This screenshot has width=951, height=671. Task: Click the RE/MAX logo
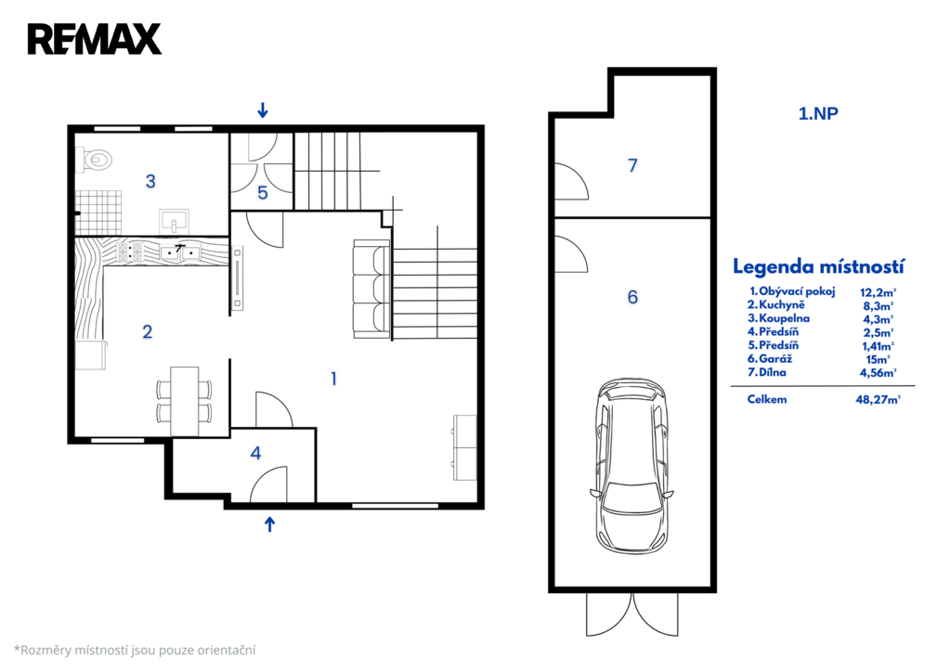pyautogui.click(x=95, y=39)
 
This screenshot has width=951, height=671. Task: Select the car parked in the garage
pyautogui.click(x=632, y=466)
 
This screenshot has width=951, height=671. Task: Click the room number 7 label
pyautogui.click(x=632, y=165)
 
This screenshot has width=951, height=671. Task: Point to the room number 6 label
pyautogui.click(x=632, y=297)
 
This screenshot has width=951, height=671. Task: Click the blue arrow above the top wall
pyautogui.click(x=263, y=110)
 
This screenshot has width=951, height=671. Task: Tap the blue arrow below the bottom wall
pyautogui.click(x=270, y=524)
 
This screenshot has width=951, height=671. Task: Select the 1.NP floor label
pyautogui.click(x=818, y=113)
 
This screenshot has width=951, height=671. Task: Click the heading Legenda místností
pyautogui.click(x=818, y=266)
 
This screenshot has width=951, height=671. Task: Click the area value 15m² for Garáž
pyautogui.click(x=878, y=359)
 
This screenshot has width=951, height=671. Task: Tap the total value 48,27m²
pyautogui.click(x=878, y=399)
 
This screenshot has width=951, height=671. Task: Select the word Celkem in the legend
pyautogui.click(x=766, y=399)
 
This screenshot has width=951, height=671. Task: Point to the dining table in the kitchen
pyautogui.click(x=185, y=401)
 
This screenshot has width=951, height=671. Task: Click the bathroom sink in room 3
pyautogui.click(x=174, y=221)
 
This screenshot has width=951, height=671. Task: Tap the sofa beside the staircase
pyautogui.click(x=371, y=289)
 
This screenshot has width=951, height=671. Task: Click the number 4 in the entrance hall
pyautogui.click(x=256, y=453)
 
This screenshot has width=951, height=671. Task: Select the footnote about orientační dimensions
pyautogui.click(x=135, y=651)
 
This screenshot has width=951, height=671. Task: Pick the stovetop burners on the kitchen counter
pyautogui.click(x=130, y=251)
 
